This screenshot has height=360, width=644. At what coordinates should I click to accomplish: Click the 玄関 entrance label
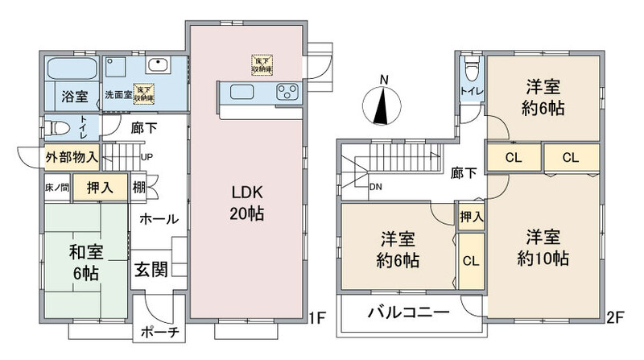pyautogui.click(x=151, y=268)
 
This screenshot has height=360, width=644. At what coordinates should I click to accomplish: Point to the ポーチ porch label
pyautogui.click(x=160, y=333)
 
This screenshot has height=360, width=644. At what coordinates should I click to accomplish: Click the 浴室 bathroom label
pyautogui.click(x=74, y=97)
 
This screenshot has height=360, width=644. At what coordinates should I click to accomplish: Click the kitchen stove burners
pyautogui.click(x=287, y=93)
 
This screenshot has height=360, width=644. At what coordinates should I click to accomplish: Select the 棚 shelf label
pyautogui.click(x=140, y=187)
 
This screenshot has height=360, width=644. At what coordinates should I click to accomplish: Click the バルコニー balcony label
pyautogui.click(x=409, y=313)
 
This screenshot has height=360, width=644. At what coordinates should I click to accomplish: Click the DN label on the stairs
pyautogui.click(x=375, y=188)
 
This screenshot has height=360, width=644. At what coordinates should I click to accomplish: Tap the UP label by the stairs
pyautogui.click(x=147, y=157)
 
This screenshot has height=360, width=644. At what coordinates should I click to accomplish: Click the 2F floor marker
pyautogui.click(x=617, y=318)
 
